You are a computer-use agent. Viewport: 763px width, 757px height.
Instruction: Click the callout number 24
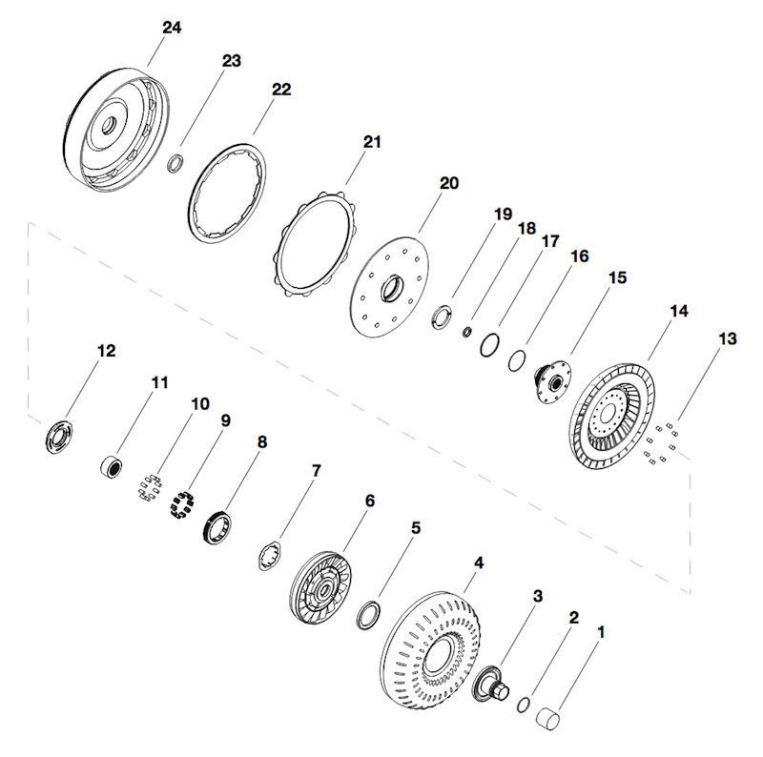(x=171, y=28)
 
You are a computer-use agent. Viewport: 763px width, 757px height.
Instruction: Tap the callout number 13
(x=728, y=338)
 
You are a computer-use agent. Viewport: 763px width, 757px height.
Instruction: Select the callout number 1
(x=601, y=631)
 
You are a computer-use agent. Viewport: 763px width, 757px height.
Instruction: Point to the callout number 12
(x=106, y=351)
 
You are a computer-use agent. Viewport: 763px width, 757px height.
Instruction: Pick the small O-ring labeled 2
(x=524, y=705)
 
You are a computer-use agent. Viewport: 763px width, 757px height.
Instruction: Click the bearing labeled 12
(x=61, y=437)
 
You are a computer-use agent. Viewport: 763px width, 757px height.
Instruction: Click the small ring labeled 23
(x=175, y=165)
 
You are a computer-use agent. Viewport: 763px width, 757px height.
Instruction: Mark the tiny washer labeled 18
(x=467, y=331)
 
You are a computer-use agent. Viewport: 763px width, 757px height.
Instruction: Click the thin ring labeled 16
(x=517, y=359)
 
